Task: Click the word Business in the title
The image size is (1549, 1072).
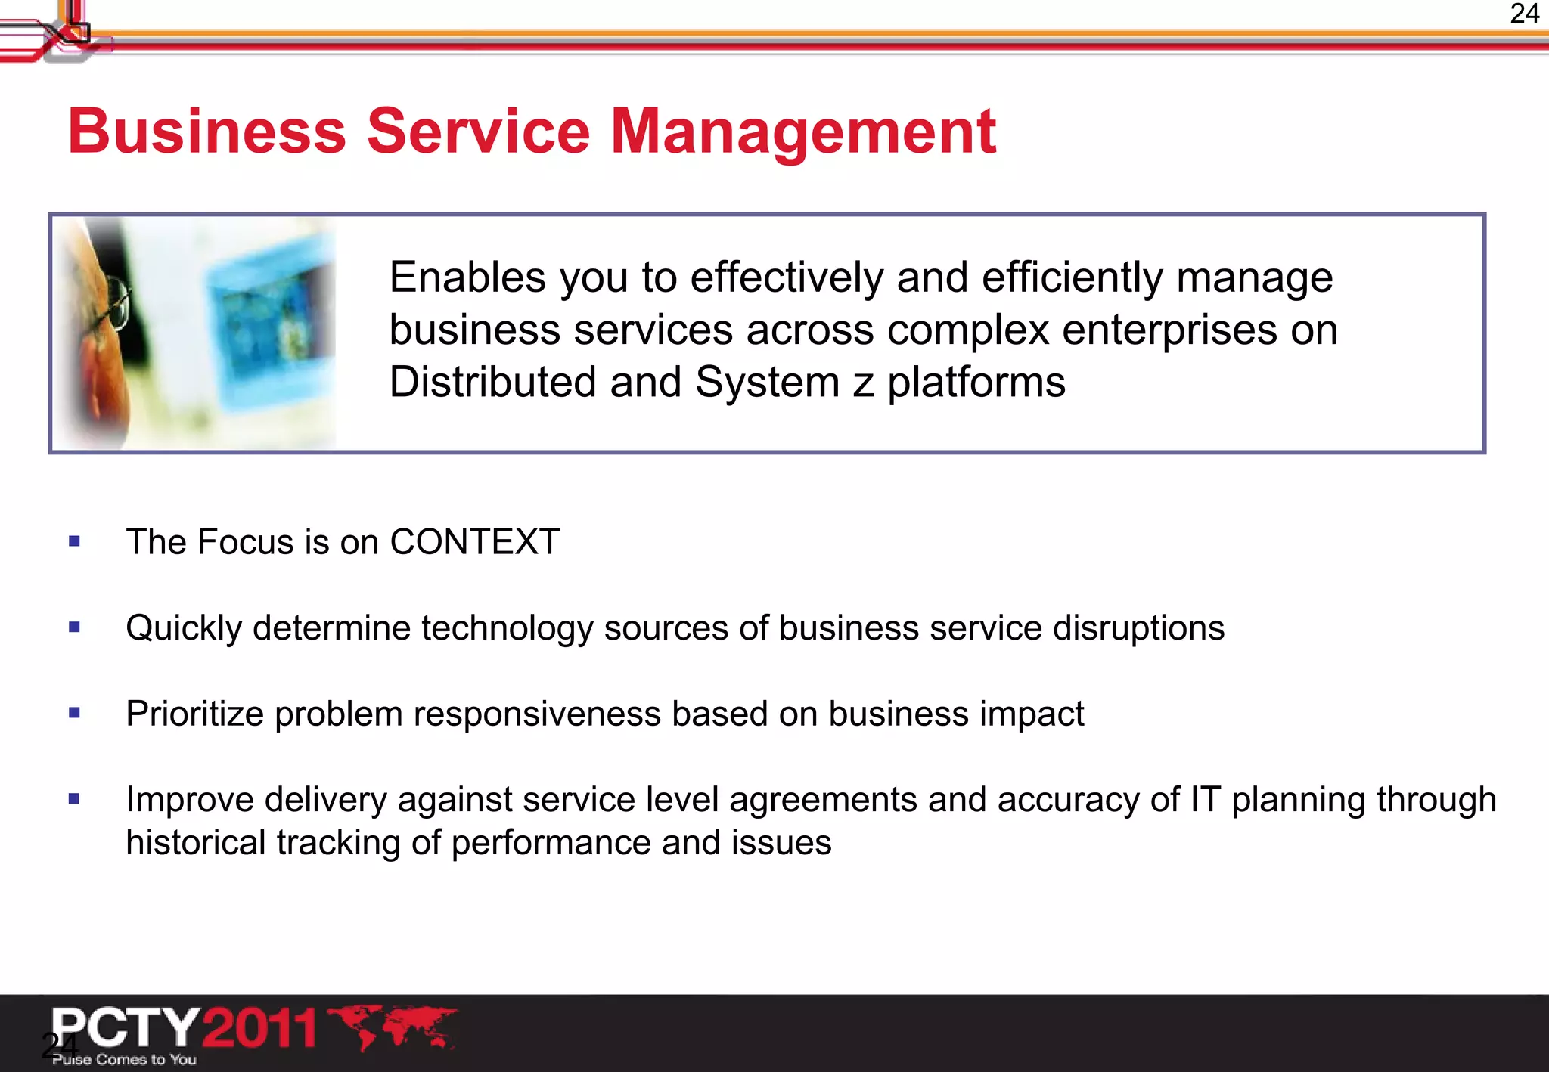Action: [x=206, y=132]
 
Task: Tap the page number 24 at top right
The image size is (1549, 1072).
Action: [x=1524, y=14]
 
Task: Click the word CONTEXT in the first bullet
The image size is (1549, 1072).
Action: [x=474, y=542]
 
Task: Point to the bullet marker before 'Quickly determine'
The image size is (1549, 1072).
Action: [x=74, y=627]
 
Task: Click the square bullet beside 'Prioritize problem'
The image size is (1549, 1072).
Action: [x=74, y=713]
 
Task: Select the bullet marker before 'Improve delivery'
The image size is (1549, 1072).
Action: [x=74, y=798]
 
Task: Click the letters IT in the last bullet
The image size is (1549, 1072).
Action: [x=1205, y=800]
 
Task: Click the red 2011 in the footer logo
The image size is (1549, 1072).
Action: [x=259, y=1028]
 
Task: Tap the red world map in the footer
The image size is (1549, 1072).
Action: [x=393, y=1027]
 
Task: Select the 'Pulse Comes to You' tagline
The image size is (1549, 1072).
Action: [x=125, y=1060]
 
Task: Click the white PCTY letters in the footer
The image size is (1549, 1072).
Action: [x=125, y=1027]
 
